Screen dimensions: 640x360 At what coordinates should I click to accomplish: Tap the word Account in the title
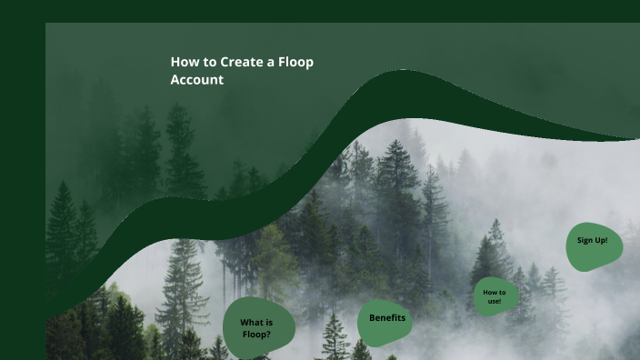(197, 80)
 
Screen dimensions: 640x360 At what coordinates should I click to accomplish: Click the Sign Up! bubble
(594, 245)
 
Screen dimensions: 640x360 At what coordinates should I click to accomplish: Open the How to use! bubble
(495, 296)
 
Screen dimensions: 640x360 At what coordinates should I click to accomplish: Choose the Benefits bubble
(386, 320)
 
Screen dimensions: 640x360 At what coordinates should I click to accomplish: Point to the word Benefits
(387, 317)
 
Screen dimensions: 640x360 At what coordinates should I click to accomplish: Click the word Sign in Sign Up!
(586, 241)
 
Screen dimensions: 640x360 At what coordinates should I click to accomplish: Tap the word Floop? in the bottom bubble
(257, 334)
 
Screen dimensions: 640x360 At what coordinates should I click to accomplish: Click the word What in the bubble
(251, 323)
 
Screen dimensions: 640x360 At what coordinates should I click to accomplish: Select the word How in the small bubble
(489, 292)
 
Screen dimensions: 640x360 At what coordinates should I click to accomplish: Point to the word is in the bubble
(269, 323)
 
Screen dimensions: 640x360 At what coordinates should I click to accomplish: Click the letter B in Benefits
(373, 317)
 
